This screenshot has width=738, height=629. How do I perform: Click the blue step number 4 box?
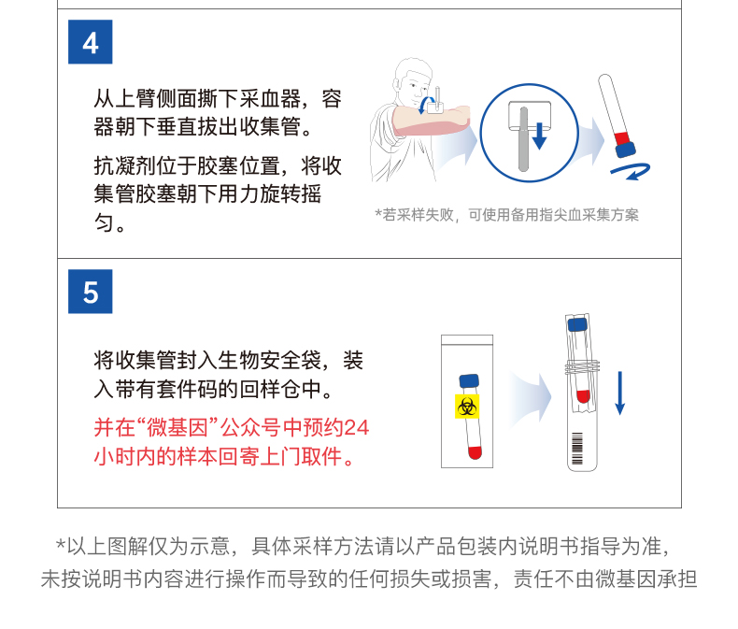[x=91, y=42]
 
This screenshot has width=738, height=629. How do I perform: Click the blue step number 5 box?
[x=91, y=292]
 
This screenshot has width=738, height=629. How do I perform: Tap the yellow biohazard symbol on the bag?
[x=467, y=407]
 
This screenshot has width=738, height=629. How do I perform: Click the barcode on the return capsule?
[x=577, y=449]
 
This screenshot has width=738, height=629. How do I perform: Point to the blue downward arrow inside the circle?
[x=539, y=136]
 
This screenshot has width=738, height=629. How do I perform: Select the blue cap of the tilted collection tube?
[x=626, y=150]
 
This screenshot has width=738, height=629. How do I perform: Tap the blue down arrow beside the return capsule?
[x=620, y=393]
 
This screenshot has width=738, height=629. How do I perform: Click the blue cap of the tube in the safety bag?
[x=469, y=381]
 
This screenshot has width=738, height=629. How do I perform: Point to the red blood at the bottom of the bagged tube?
[x=475, y=452]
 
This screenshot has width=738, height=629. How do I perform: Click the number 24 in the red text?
[x=356, y=428]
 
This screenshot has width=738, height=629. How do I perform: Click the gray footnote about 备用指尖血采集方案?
[x=507, y=215]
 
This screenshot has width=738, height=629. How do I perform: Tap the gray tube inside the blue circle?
[x=523, y=139]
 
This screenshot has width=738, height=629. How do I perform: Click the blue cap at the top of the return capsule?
[x=577, y=325]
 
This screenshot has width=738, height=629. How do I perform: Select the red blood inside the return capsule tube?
[x=583, y=396]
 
